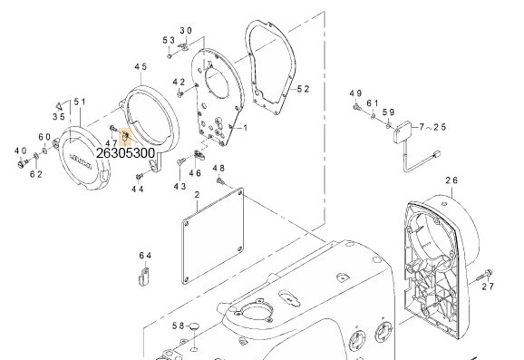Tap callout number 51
click(x=80, y=102)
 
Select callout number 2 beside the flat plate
click(x=197, y=196)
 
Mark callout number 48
click(x=218, y=169)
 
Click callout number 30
click(x=186, y=31)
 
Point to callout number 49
click(x=355, y=93)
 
